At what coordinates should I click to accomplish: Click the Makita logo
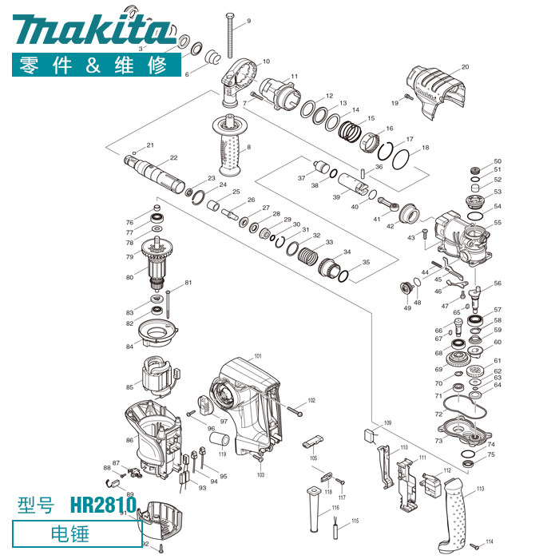point(93,30)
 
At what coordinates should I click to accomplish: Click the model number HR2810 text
point(103,505)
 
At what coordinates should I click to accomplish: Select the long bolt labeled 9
point(230,35)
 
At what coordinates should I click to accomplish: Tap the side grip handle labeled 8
point(232,145)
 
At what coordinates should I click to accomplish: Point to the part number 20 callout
point(465,66)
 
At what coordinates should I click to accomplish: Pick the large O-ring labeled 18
point(400,160)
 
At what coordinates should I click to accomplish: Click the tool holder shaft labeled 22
point(154,174)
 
